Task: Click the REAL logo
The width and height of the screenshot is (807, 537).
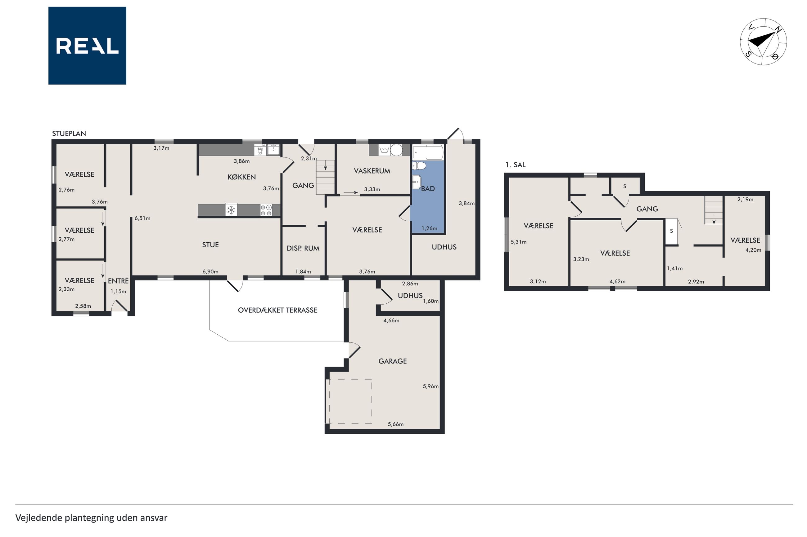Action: click(x=87, y=46)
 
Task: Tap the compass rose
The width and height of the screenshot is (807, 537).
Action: click(x=763, y=42)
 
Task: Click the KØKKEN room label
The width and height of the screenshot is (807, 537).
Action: click(x=241, y=177)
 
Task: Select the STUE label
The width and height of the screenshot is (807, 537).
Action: click(x=210, y=244)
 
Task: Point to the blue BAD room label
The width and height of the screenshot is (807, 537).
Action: click(x=428, y=189)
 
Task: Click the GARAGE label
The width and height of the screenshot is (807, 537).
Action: click(x=392, y=361)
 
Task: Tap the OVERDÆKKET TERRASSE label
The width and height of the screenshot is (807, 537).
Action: click(x=277, y=310)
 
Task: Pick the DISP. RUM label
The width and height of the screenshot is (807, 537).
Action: click(x=303, y=248)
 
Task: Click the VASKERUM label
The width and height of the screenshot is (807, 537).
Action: click(x=372, y=171)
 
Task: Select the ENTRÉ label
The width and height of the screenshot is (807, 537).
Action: click(x=118, y=281)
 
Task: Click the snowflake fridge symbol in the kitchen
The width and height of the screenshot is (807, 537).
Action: click(x=232, y=210)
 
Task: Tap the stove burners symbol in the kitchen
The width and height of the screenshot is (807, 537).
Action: click(x=266, y=210)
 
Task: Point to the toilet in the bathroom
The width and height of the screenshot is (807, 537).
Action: click(x=419, y=166)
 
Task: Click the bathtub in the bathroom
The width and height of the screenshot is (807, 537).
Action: click(x=428, y=152)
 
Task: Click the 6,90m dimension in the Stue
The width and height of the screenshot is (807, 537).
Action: click(x=210, y=271)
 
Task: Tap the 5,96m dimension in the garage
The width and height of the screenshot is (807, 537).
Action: click(x=431, y=386)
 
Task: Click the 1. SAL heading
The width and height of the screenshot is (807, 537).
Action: click(x=515, y=165)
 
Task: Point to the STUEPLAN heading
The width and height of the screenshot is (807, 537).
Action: click(x=69, y=134)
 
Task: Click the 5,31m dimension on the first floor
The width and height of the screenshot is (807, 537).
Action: click(x=519, y=242)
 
